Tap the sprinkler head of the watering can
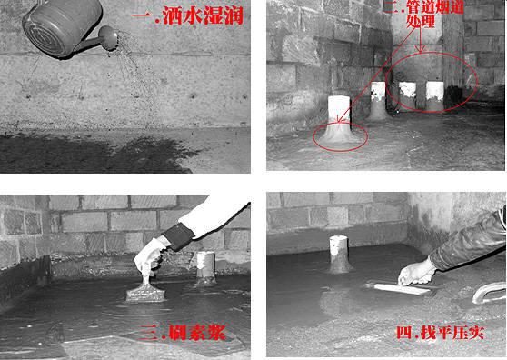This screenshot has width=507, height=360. [x=109, y=36]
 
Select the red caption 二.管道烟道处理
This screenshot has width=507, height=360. [x=425, y=14]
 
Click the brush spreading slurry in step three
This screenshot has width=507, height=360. [x=145, y=289]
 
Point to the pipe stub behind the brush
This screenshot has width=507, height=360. [x=205, y=267]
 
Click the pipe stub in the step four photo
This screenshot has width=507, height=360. [x=339, y=254]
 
